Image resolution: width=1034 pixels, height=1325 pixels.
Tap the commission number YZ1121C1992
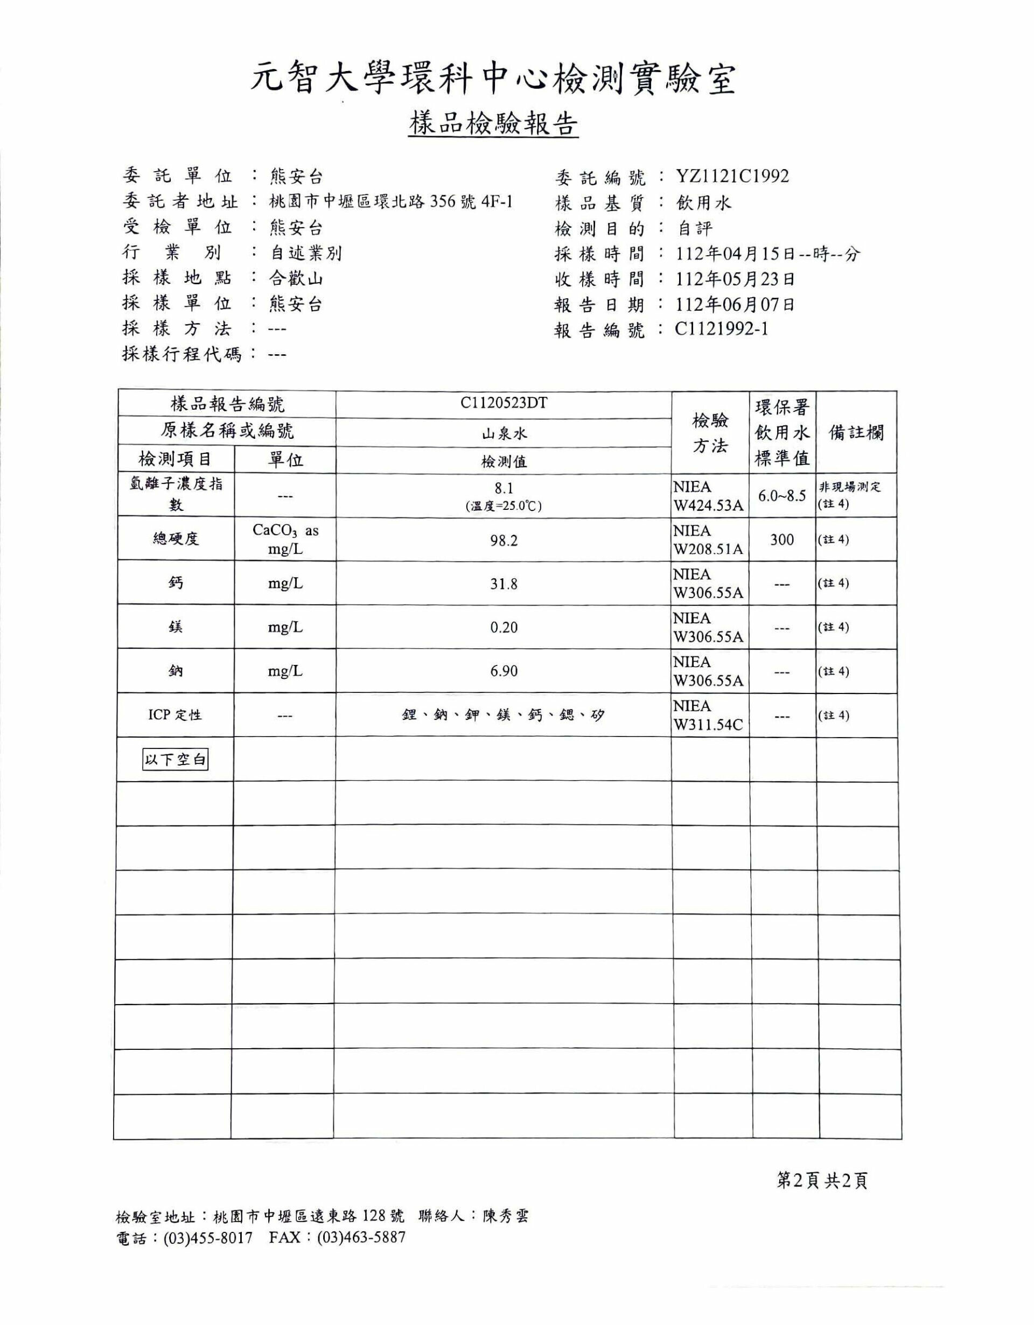[x=732, y=177]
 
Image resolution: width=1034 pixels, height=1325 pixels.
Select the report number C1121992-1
[x=722, y=329]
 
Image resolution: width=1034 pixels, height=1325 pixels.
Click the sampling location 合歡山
[x=296, y=278]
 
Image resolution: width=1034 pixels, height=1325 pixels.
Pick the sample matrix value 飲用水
[x=704, y=202]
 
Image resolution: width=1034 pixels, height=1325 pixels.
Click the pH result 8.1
[x=504, y=488]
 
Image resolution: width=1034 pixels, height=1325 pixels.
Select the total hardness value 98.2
[x=504, y=540]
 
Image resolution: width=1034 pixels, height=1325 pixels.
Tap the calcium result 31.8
[x=504, y=584]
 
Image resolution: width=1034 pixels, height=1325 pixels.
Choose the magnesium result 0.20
[x=504, y=627]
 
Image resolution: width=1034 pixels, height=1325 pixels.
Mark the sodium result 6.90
[x=504, y=671]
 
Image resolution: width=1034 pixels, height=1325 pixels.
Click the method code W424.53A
[x=708, y=506]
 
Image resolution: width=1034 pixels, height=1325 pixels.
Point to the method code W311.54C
[x=708, y=724]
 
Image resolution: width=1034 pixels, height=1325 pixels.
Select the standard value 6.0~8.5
[x=781, y=496]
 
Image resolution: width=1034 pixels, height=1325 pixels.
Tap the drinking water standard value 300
[x=781, y=539]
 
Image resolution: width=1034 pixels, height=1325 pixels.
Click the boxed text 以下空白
[x=176, y=759]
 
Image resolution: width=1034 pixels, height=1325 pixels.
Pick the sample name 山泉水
[x=504, y=434]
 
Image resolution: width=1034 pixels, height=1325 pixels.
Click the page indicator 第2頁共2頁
[x=822, y=1180]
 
